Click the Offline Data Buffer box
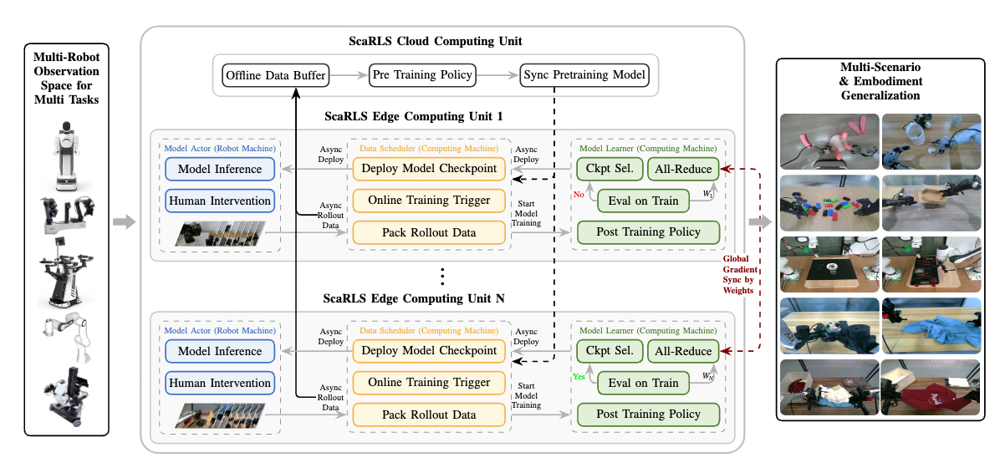[275, 75]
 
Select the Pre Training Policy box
[422, 75]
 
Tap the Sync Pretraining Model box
[584, 75]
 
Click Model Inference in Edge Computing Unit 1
[220, 170]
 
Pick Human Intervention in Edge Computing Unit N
[220, 384]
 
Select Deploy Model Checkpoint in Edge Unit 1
[428, 169]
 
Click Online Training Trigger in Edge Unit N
[428, 383]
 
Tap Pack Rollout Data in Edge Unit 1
[428, 232]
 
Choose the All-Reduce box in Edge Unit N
[684, 352]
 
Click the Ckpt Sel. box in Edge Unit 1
[610, 170]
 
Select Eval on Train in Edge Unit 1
[642, 201]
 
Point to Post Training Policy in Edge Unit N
[648, 415]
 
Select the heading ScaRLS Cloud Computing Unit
[436, 41]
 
